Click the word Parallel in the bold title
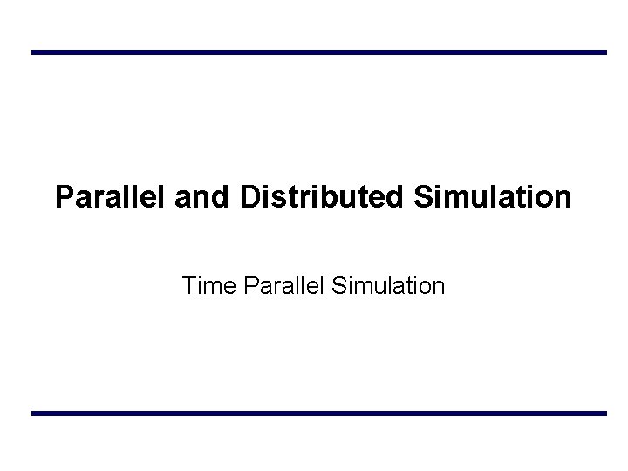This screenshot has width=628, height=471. tap(111, 197)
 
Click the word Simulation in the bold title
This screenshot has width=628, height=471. tap(493, 197)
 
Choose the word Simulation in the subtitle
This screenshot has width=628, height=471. tap(389, 285)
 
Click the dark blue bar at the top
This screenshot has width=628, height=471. tap(318, 52)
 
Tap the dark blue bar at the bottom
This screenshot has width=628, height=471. tap(318, 413)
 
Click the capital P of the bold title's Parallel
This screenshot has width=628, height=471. tap(64, 197)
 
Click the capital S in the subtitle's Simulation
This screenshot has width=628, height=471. tap(340, 285)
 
